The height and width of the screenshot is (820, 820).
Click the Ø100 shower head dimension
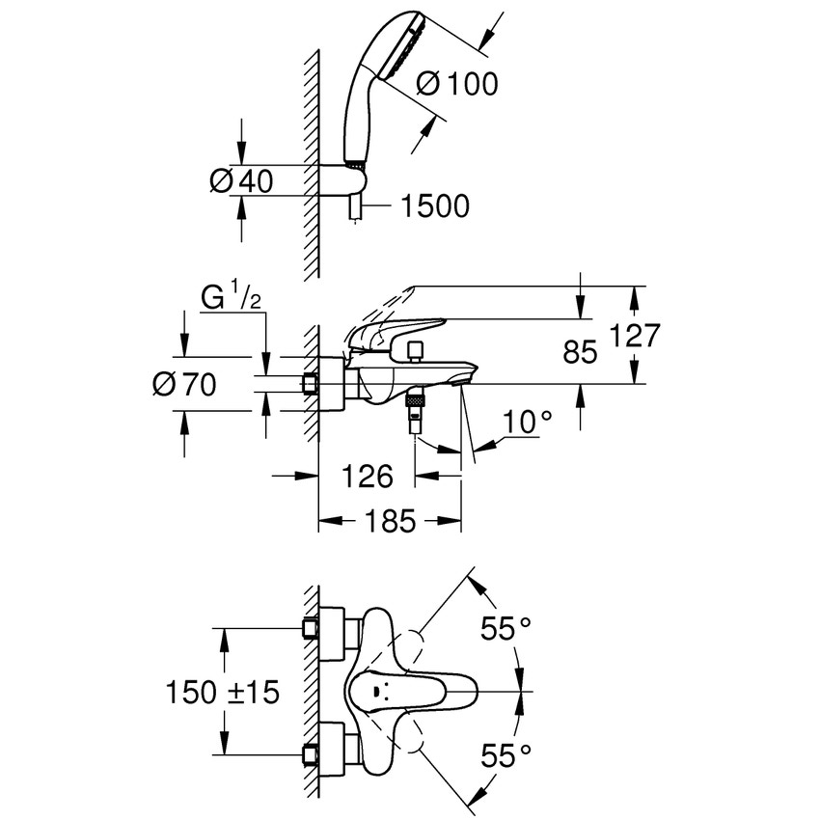coord(456,84)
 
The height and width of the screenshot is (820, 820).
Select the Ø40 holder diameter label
coord(240,180)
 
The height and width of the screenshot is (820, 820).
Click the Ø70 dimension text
coord(184,384)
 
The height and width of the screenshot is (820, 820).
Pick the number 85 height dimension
coord(580,352)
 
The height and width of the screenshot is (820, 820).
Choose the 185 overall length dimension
coord(389,522)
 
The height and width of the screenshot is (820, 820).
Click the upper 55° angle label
coord(506,630)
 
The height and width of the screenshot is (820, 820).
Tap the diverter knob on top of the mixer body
coord(416,348)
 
